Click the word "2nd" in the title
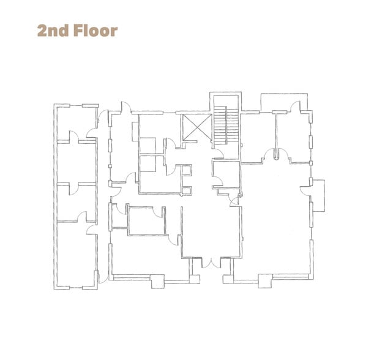(x=53, y=31)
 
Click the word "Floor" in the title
(x=95, y=31)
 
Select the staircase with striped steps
(x=226, y=126)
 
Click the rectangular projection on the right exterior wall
(x=319, y=196)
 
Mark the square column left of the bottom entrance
(x=195, y=279)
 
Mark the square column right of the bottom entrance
(x=228, y=279)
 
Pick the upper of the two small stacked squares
(x=186, y=170)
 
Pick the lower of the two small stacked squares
(x=187, y=190)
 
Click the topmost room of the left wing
(x=77, y=124)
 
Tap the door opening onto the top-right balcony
(x=295, y=106)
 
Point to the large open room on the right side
(x=276, y=219)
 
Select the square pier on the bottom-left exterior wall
(x=158, y=282)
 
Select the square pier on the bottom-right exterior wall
(x=265, y=281)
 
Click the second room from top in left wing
(x=77, y=163)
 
